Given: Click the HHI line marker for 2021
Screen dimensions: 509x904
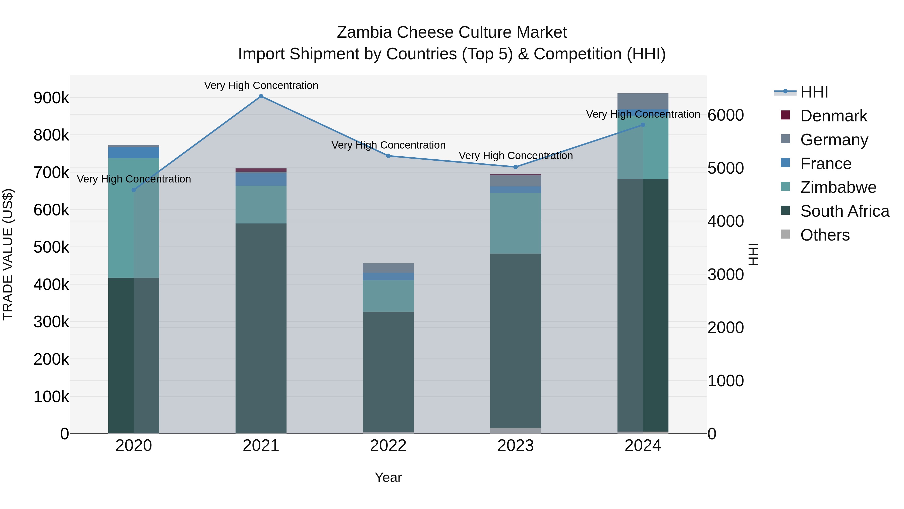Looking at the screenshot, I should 261,96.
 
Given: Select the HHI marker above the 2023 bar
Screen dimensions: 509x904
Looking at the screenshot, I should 516,167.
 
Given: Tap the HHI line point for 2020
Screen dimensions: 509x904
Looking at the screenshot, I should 134,190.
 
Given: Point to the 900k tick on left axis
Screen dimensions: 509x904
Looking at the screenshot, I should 51,98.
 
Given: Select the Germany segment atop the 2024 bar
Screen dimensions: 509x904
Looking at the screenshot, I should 643,101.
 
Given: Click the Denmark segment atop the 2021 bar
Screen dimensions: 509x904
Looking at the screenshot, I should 261,170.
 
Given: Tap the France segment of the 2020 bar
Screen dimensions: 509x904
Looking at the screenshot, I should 134,153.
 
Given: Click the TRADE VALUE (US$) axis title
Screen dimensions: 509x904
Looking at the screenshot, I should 8,254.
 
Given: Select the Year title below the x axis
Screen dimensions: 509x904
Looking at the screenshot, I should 388,477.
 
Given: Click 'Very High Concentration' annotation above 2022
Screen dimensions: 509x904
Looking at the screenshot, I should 388,145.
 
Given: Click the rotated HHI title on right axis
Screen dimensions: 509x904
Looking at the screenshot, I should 753,254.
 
